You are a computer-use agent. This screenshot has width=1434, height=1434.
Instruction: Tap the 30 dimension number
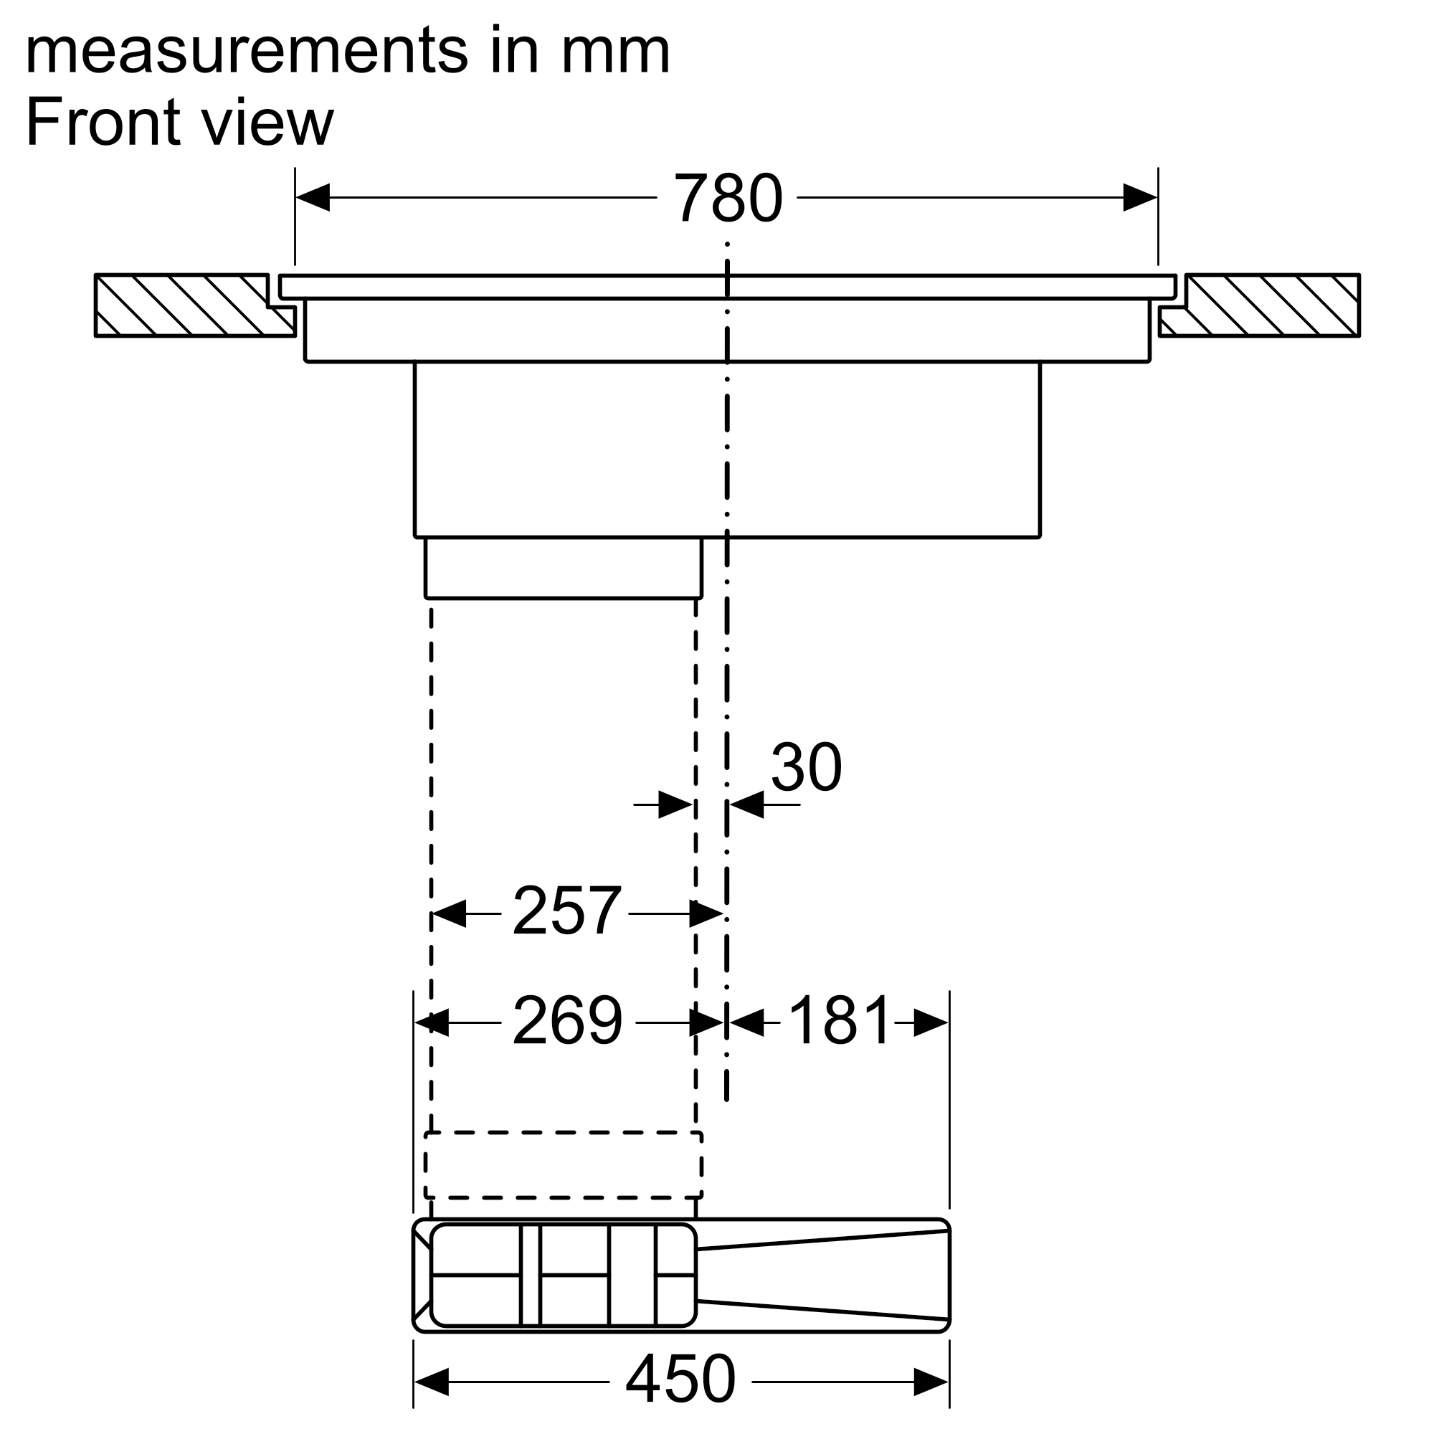click(x=806, y=767)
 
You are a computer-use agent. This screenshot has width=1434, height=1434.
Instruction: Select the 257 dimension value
click(x=566, y=911)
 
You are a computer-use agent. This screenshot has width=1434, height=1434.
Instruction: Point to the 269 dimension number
click(x=567, y=1020)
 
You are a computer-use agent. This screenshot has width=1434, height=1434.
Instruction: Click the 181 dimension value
click(x=839, y=1020)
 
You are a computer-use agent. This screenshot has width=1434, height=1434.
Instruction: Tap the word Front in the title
click(x=103, y=123)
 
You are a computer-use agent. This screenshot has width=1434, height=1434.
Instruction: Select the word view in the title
click(x=268, y=123)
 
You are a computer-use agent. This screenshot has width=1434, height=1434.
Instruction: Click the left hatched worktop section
click(x=194, y=305)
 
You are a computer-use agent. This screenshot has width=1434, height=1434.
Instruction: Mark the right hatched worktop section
click(x=1260, y=305)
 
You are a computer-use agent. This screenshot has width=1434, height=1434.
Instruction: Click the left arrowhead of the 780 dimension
click(x=313, y=197)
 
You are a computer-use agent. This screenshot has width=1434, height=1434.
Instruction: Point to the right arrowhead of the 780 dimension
click(x=1140, y=197)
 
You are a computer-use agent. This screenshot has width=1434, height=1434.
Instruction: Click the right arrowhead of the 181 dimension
click(x=931, y=1023)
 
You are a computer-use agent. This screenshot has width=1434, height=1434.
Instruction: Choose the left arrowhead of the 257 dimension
click(x=449, y=913)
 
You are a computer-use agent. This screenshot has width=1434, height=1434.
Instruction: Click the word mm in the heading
click(x=616, y=51)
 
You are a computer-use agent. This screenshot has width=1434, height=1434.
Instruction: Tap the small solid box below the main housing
click(x=564, y=568)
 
